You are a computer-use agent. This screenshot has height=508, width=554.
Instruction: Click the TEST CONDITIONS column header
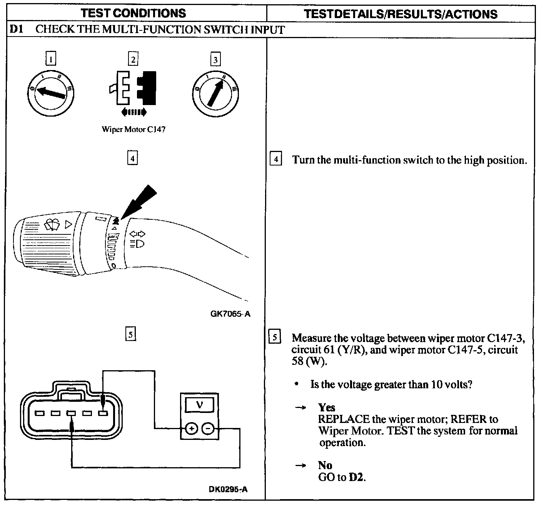(x=133, y=13)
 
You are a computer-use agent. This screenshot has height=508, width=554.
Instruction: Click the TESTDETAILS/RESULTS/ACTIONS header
(x=400, y=14)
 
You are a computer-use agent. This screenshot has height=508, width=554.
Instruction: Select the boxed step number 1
(x=51, y=59)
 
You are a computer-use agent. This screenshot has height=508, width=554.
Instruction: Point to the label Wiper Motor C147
(x=133, y=129)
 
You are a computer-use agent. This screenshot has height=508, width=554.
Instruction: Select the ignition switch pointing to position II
(x=215, y=93)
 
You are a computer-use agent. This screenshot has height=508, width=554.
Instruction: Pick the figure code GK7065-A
(x=230, y=314)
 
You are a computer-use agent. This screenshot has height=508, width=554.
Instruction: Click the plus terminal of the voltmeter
(x=192, y=428)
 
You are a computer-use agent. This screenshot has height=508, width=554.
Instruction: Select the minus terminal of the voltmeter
(x=208, y=428)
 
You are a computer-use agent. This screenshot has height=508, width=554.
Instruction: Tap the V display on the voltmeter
(x=199, y=404)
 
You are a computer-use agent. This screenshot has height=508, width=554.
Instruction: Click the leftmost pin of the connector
(x=40, y=413)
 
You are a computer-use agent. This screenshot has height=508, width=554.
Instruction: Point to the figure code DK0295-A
(x=228, y=489)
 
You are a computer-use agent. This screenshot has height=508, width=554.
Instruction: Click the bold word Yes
(x=326, y=407)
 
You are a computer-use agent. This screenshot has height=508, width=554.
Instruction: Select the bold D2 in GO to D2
(x=356, y=478)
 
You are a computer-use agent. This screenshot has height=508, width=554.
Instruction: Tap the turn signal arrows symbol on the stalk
(x=137, y=234)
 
